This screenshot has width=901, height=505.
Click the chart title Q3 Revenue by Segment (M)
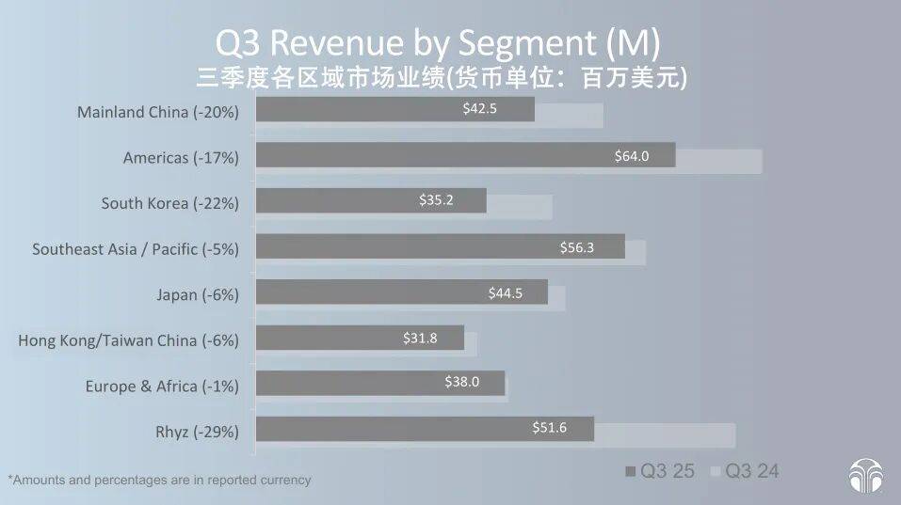[x=438, y=43]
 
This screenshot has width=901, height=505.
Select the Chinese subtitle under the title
[x=442, y=77]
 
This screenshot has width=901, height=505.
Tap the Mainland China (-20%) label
[x=158, y=112]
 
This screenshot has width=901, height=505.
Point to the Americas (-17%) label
[x=181, y=158]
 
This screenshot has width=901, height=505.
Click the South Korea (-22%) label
[x=169, y=203]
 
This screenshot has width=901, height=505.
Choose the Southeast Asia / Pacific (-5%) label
[x=136, y=249]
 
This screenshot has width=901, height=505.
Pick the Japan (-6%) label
[x=198, y=294]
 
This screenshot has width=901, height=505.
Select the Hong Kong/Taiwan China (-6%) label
[x=128, y=340]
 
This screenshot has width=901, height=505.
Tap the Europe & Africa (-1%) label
[x=162, y=386]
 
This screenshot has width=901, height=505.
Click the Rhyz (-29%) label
[x=197, y=432]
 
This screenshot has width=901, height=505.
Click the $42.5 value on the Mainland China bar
[x=479, y=109]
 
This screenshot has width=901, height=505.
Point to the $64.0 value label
[x=632, y=155]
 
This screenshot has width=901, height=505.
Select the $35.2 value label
[x=436, y=200]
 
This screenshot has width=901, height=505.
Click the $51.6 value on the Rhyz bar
[x=550, y=429]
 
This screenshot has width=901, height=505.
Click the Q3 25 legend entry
[x=659, y=471]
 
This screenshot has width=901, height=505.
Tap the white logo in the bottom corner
[x=865, y=476]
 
